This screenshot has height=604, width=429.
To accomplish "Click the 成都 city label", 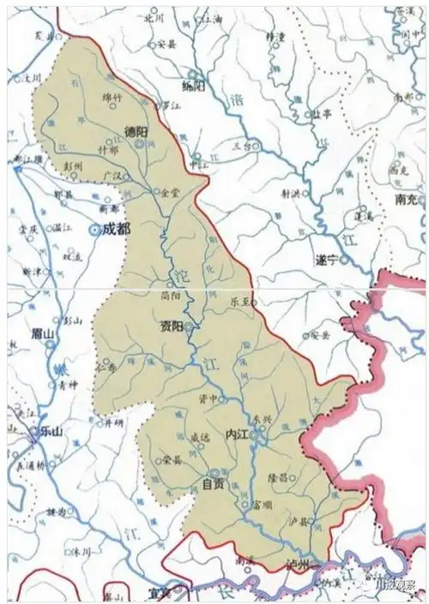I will pos(115,230).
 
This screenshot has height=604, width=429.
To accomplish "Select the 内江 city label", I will pos(236,434).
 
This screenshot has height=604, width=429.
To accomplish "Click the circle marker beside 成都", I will pos(94,230).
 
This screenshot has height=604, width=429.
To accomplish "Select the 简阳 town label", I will pos(172,294).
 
